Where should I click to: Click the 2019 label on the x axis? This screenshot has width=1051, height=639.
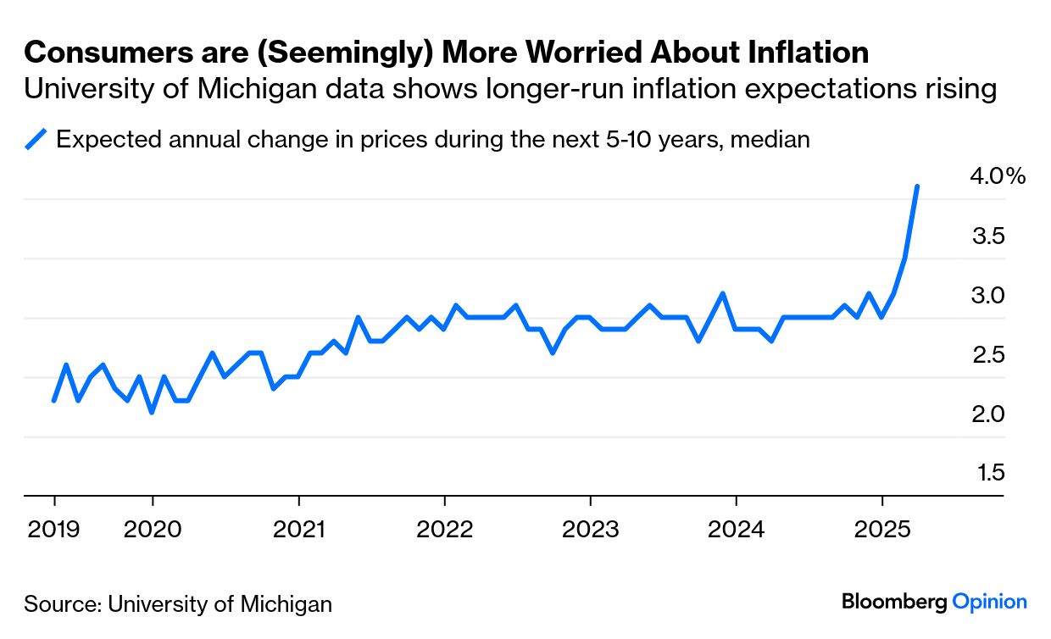pyautogui.click(x=53, y=530)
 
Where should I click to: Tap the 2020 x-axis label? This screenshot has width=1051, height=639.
pyautogui.click(x=152, y=530)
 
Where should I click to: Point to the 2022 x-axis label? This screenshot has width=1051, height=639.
pyautogui.click(x=444, y=530)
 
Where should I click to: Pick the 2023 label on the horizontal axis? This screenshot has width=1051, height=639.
pyautogui.click(x=590, y=530)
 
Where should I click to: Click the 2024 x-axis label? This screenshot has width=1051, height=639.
pyautogui.click(x=736, y=530)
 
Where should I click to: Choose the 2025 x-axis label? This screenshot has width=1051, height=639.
pyautogui.click(x=882, y=530)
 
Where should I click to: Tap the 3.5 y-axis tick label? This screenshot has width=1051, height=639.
pyautogui.click(x=987, y=236)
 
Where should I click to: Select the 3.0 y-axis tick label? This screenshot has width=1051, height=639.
pyautogui.click(x=987, y=295)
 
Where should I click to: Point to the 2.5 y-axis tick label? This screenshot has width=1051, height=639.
pyautogui.click(x=987, y=354)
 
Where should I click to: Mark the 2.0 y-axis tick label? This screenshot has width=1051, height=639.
pyautogui.click(x=987, y=414)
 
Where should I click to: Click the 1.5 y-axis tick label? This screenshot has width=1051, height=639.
pyautogui.click(x=988, y=472)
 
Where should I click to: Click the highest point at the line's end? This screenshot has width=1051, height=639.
pyautogui.click(x=917, y=186)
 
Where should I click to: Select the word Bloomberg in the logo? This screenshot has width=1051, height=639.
pyautogui.click(x=893, y=602)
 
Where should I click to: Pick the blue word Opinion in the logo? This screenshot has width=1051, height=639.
pyautogui.click(x=989, y=602)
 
